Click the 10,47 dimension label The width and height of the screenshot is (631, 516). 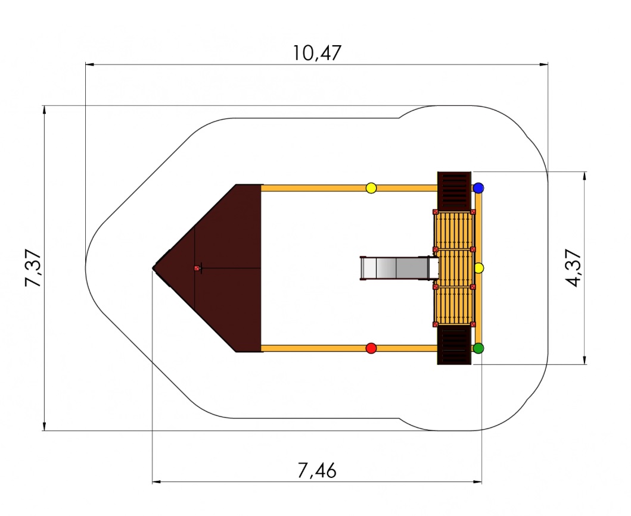click(x=317, y=52)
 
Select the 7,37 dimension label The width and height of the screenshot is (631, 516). click(x=33, y=268)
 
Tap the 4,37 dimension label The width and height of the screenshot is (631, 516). click(x=573, y=268)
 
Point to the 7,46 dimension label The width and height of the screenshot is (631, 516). click(x=317, y=470)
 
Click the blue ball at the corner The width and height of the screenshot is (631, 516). click(x=478, y=187)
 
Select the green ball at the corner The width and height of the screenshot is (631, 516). click(x=478, y=348)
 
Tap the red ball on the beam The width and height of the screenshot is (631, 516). click(x=371, y=348)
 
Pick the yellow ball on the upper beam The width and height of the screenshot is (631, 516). click(x=371, y=187)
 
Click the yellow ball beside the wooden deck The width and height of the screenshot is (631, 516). click(x=478, y=268)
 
